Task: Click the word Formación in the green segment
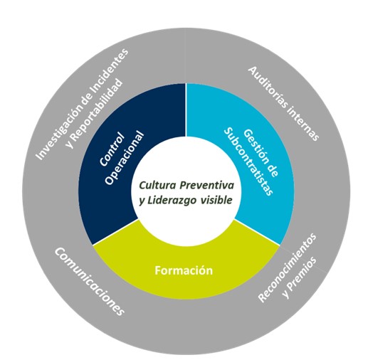point(184,270)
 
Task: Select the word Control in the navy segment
point(112,149)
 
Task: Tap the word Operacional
point(125,158)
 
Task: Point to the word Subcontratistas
point(248,162)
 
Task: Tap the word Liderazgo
point(172,200)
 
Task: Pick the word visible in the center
point(216,200)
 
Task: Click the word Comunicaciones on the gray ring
point(90,281)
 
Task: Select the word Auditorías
point(269,89)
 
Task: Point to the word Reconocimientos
point(288,268)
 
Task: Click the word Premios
point(300,277)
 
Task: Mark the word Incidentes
point(112,67)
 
